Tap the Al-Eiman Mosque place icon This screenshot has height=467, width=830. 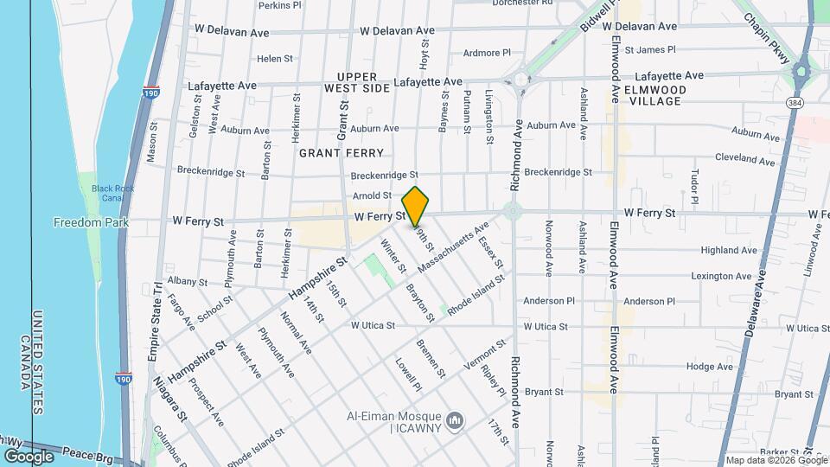tap(456, 421)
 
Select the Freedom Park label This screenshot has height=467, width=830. tap(91, 222)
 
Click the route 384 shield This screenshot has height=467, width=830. tap(795, 102)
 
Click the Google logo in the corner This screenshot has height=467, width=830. tap(28, 456)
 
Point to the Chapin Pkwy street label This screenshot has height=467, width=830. tap(767, 39)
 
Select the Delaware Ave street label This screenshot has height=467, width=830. tap(754, 304)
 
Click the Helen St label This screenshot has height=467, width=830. tap(275, 59)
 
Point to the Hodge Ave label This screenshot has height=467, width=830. tap(710, 367)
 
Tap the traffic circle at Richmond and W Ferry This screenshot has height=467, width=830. tap(514, 210)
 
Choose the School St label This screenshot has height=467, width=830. tap(214, 310)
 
